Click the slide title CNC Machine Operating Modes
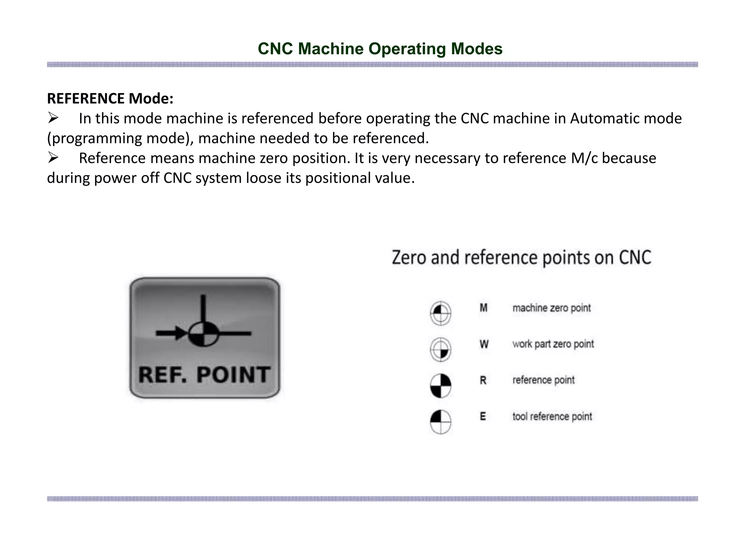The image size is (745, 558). [x=380, y=49]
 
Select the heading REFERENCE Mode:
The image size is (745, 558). [x=110, y=98]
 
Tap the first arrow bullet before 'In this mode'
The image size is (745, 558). [x=53, y=118]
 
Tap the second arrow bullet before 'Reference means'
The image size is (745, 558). [x=53, y=158]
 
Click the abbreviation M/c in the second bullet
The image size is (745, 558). [x=584, y=158]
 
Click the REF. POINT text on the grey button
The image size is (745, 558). [x=204, y=375]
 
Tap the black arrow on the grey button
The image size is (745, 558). [x=171, y=333]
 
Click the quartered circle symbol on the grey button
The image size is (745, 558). [x=204, y=333]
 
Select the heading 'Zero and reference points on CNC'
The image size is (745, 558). [x=521, y=258]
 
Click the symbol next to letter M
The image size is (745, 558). [x=441, y=312]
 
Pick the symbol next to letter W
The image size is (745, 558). [x=441, y=349]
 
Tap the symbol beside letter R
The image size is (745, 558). [x=441, y=385]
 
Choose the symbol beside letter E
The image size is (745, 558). [x=441, y=421]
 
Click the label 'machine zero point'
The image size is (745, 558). [x=551, y=308]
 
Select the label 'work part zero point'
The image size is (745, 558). [x=553, y=344]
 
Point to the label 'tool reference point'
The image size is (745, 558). [x=552, y=416]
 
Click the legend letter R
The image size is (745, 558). [x=483, y=380]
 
